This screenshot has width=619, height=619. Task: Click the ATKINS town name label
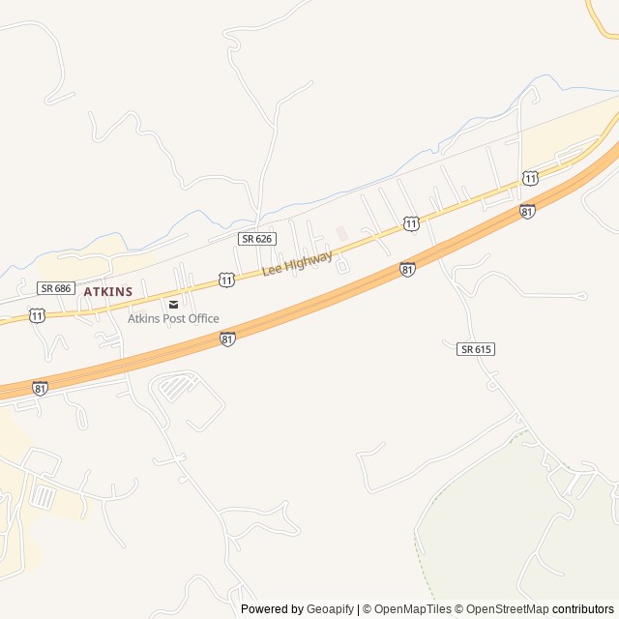coord(107,291)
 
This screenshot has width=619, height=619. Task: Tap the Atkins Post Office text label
coord(173,319)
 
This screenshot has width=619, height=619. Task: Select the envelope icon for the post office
coord(173,304)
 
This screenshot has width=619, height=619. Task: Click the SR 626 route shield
coord(257,238)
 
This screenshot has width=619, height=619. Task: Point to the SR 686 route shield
coord(56,288)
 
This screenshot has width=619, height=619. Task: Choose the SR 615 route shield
coord(476,348)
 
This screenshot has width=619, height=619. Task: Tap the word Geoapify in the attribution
coord(330,609)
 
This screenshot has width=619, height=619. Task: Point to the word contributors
coord(583,609)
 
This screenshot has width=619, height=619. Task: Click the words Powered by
coord(272,609)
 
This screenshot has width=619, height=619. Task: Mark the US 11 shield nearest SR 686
coord(37,316)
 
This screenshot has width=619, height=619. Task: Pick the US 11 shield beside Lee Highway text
coord(225,280)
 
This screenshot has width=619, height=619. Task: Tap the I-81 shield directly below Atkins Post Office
coord(227,339)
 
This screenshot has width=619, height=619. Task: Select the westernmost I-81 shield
coord(40,388)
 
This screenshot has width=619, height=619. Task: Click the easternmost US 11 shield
coord(530,178)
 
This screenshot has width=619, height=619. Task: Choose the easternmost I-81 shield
coord(527,211)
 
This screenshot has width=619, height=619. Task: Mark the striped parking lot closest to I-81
coord(176,388)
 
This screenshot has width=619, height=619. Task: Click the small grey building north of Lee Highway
coord(340,233)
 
